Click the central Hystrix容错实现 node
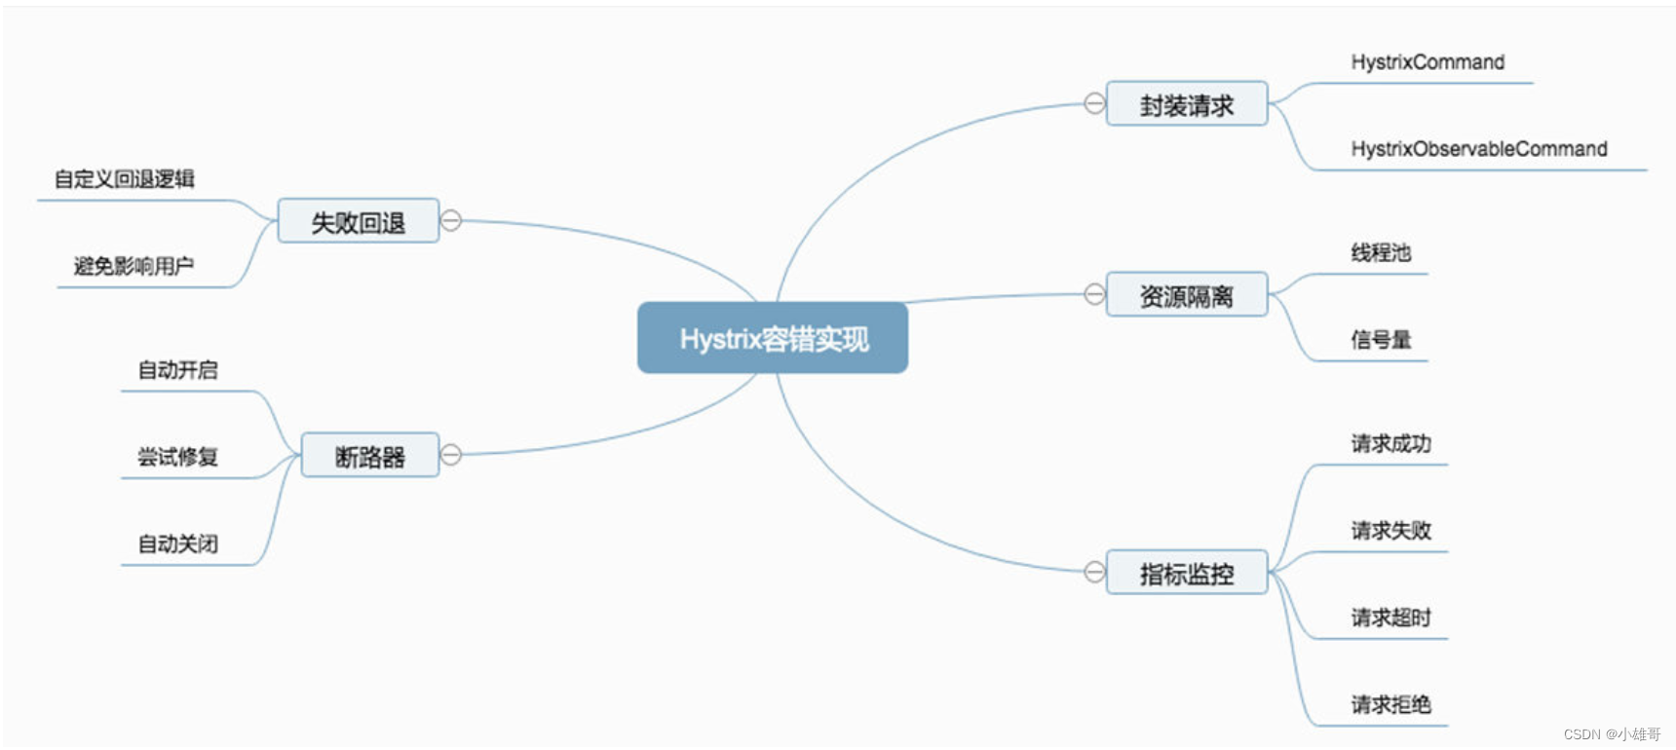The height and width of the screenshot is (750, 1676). (x=773, y=338)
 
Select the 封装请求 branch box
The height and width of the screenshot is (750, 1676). (x=1186, y=104)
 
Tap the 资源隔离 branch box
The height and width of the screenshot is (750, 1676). (x=1186, y=295)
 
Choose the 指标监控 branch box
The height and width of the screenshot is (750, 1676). (x=1186, y=573)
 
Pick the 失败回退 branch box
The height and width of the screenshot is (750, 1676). (x=358, y=222)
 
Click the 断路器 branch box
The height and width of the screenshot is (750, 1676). (x=369, y=456)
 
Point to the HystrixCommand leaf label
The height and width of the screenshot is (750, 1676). (x=1428, y=62)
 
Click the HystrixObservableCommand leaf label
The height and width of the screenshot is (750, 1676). (x=1478, y=149)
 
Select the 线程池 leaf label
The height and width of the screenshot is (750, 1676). (x=1381, y=253)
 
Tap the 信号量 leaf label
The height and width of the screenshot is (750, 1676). (x=1381, y=340)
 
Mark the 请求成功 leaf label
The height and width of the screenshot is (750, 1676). (x=1390, y=444)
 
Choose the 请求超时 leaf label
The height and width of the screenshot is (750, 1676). (x=1390, y=618)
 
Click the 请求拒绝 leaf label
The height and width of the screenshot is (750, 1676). (x=1390, y=704)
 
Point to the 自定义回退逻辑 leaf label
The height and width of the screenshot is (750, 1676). (x=125, y=179)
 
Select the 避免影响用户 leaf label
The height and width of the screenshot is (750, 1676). (x=133, y=266)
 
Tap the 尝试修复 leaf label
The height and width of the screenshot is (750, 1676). (x=177, y=457)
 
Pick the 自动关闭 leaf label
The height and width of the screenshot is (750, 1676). (x=177, y=544)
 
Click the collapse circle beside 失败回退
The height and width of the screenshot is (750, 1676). (x=450, y=221)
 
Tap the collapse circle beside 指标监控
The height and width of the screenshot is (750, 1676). (x=1094, y=572)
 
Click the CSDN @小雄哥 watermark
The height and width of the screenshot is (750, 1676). (x=1612, y=733)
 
